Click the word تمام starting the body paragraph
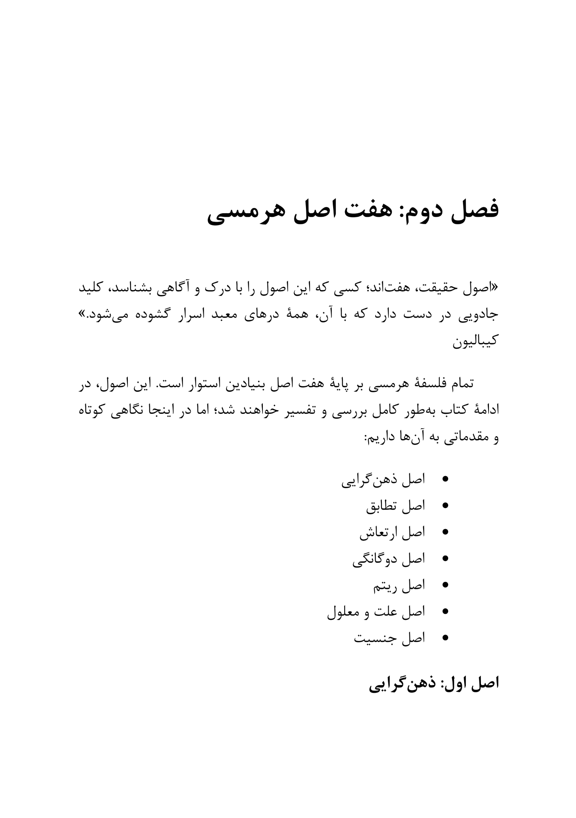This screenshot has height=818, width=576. click(459, 384)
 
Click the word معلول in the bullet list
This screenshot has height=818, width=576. click(345, 612)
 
